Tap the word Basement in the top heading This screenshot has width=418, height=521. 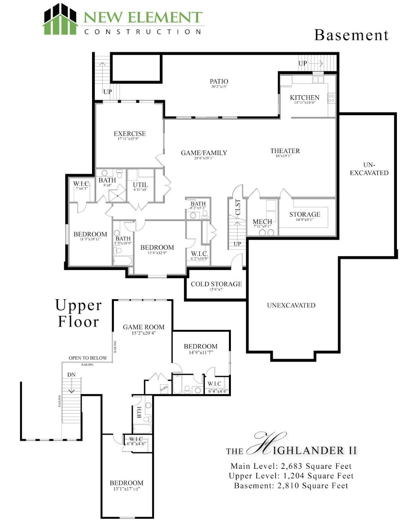pyautogui.click(x=351, y=35)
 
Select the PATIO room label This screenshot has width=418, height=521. pyautogui.click(x=219, y=81)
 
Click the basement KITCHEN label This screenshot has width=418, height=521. pyautogui.click(x=304, y=97)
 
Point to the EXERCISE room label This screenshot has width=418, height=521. pyautogui.click(x=130, y=134)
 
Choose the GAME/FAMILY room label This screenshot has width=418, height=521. pyautogui.click(x=204, y=153)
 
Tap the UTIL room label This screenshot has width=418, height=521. pyautogui.click(x=140, y=185)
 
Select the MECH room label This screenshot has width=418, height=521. pyautogui.click(x=262, y=222)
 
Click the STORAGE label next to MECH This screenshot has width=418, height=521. pyautogui.click(x=304, y=214)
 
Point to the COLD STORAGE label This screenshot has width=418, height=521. pyautogui.click(x=216, y=284)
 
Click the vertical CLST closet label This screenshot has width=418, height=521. pyautogui.click(x=238, y=207)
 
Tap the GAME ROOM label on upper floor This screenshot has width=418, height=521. pyautogui.click(x=143, y=327)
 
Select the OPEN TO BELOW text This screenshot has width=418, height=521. pyautogui.click(x=88, y=358)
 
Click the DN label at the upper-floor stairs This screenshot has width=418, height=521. pyautogui.click(x=71, y=374)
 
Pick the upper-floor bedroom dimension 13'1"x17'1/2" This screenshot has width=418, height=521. pyautogui.click(x=127, y=489)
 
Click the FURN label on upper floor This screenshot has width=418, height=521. pyautogui.click(x=164, y=389)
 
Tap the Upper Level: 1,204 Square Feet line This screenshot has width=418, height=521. pyautogui.click(x=291, y=476)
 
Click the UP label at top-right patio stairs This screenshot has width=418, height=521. pyautogui.click(x=303, y=63)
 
